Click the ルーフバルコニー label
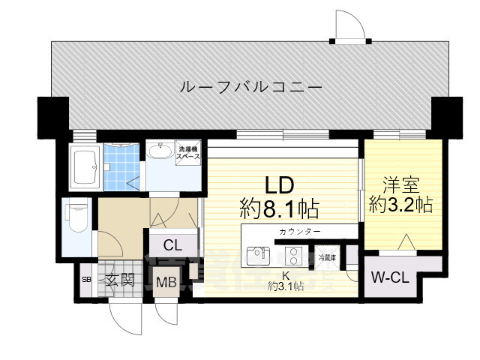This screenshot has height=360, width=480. (x=251, y=88)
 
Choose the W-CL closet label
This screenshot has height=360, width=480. (x=390, y=277)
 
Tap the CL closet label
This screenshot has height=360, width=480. (x=172, y=244)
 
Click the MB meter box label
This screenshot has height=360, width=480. (x=166, y=283)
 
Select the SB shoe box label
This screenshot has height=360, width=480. (x=85, y=281)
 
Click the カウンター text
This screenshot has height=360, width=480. (x=299, y=232)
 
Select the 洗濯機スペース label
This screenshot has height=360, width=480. (x=188, y=153)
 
